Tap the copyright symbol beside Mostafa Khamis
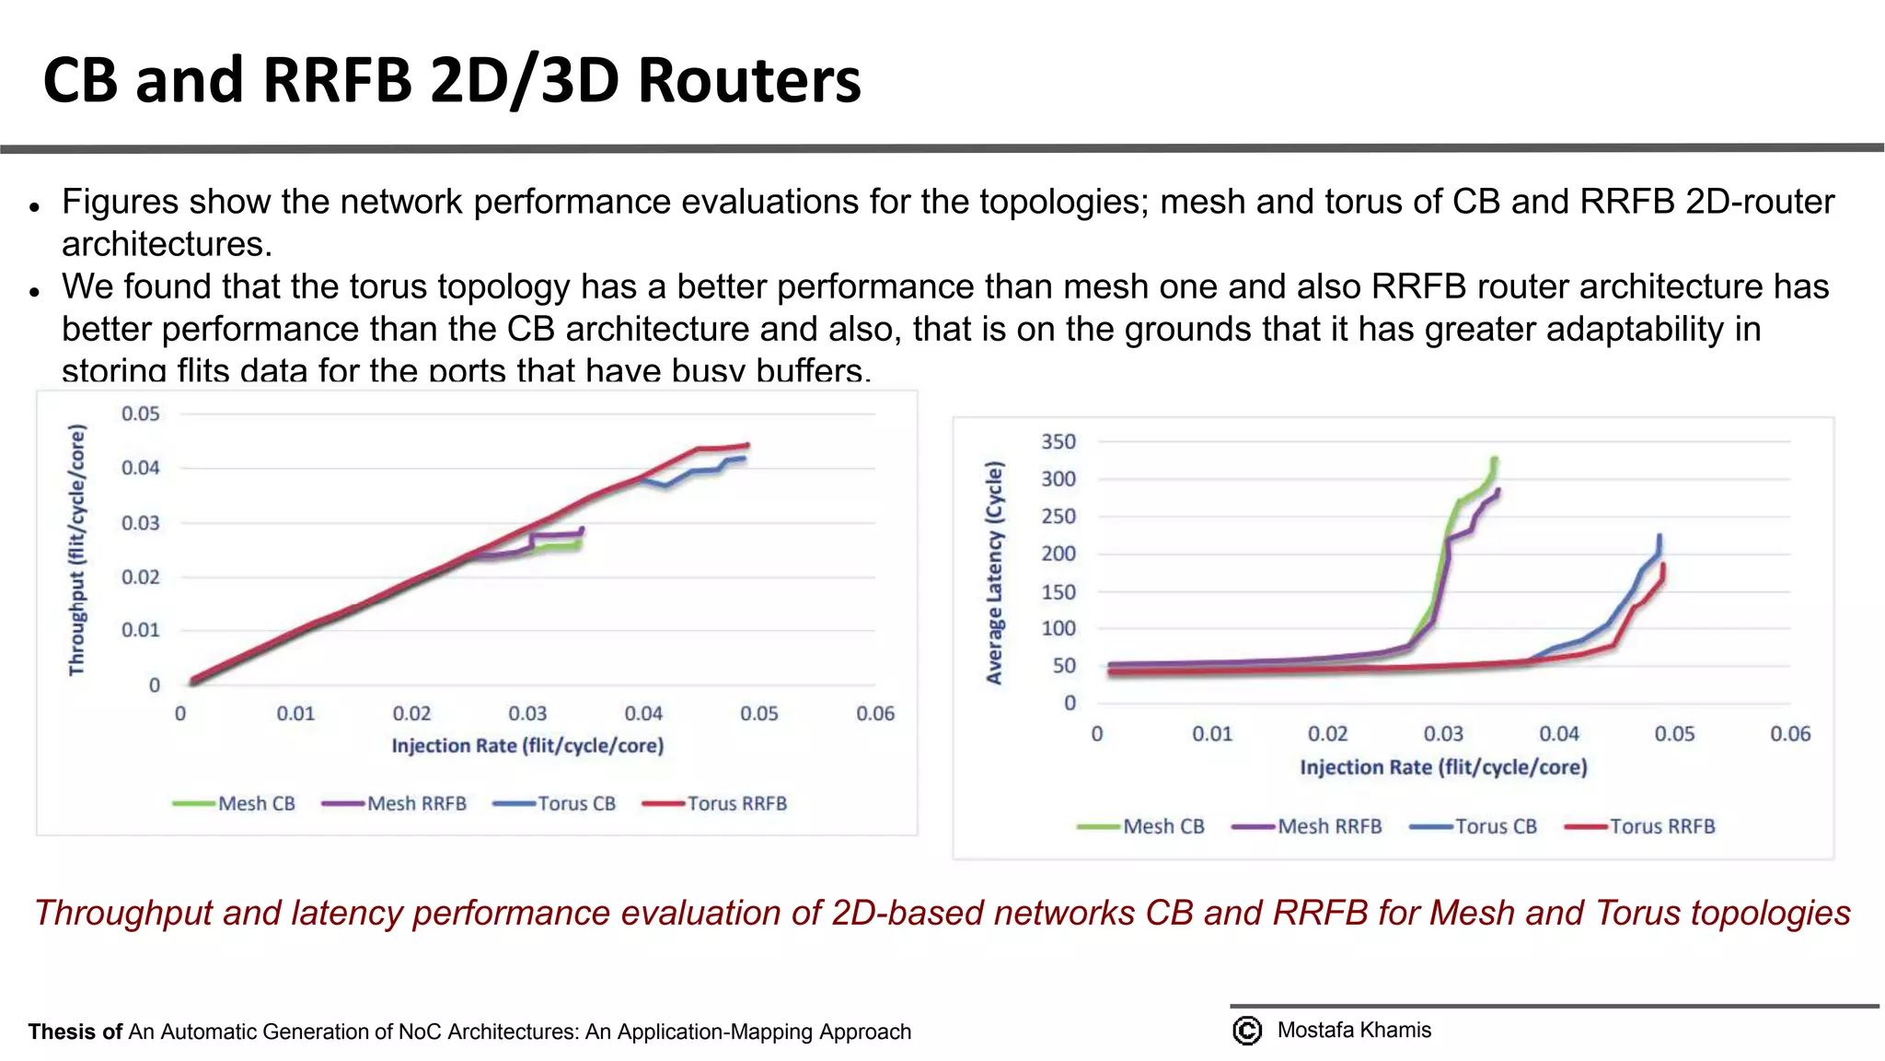(1247, 1031)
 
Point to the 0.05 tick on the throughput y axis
(140, 414)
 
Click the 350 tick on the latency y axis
(1058, 442)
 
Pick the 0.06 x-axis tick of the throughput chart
(874, 714)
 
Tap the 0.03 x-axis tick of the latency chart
(1442, 734)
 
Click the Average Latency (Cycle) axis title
(994, 573)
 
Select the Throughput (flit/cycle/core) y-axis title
(77, 550)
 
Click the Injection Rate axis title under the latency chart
(1442, 767)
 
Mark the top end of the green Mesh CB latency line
(1494, 459)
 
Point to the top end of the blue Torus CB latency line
(1659, 536)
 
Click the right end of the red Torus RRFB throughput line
(746, 446)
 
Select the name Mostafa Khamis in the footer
(1353, 1031)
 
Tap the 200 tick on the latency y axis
(1058, 554)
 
